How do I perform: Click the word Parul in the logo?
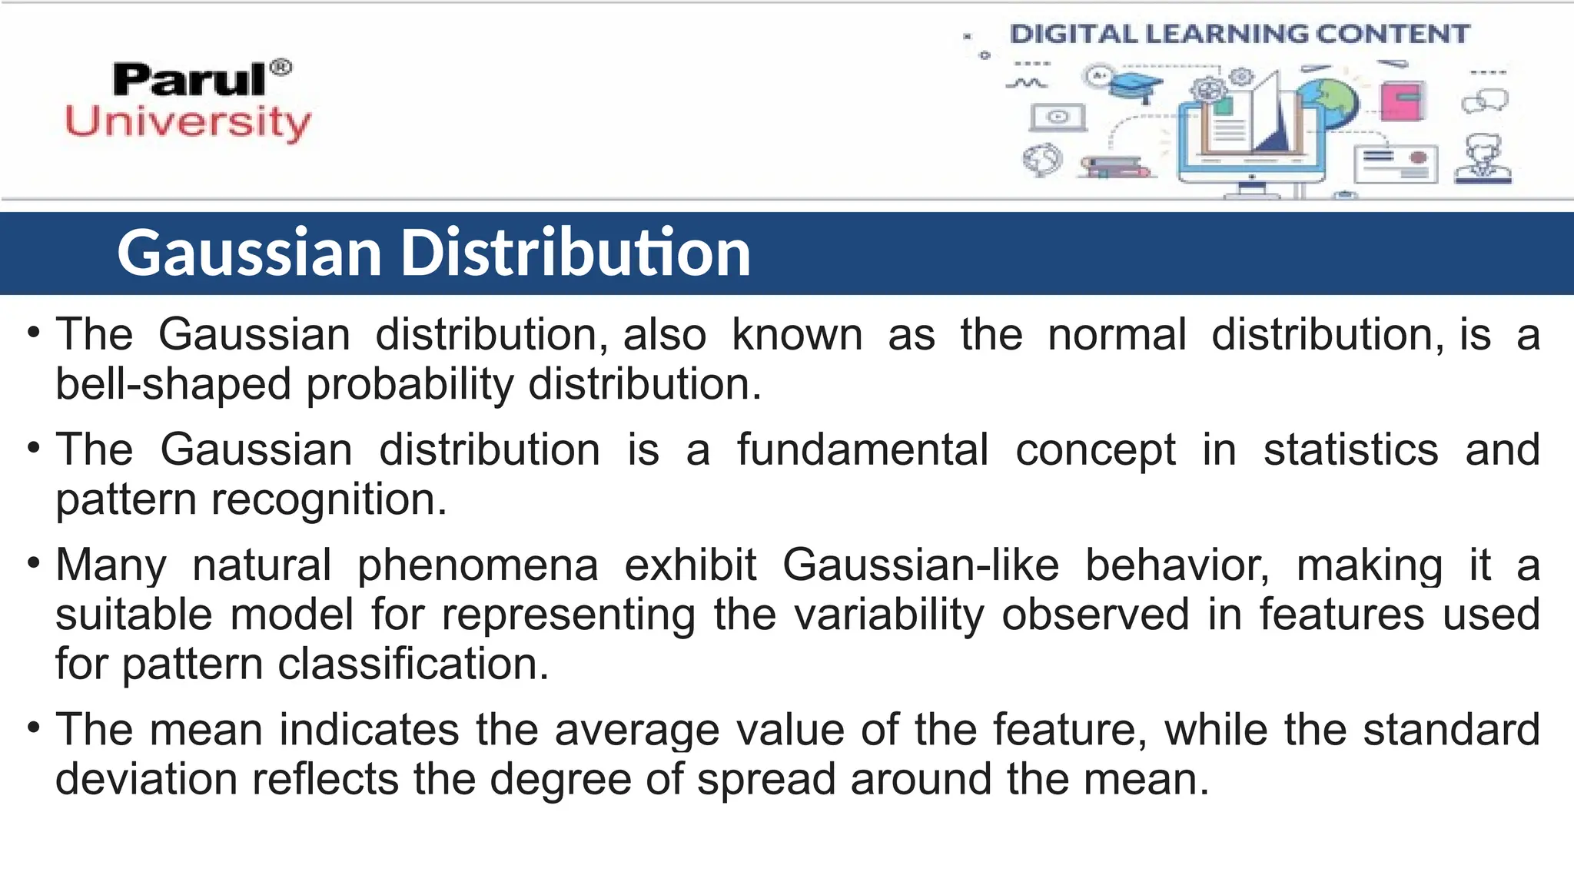[188, 80]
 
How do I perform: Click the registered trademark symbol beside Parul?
[282, 68]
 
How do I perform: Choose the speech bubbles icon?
[1485, 101]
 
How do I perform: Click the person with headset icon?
[1483, 160]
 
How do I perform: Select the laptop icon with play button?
[1058, 117]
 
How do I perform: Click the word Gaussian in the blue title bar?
[250, 253]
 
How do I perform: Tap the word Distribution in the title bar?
[576, 253]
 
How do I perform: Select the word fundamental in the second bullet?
[862, 449]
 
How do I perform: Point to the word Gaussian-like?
[921, 565]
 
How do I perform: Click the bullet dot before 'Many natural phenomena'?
[33, 563]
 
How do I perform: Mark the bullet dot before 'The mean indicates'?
[33, 727]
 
